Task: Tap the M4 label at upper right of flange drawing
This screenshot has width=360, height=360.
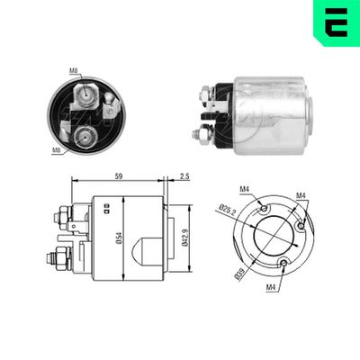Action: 301,195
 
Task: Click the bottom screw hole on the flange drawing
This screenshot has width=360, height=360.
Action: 283,263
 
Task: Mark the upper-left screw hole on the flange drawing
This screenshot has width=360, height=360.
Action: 263,210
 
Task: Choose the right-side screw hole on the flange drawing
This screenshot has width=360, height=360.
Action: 301,226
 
